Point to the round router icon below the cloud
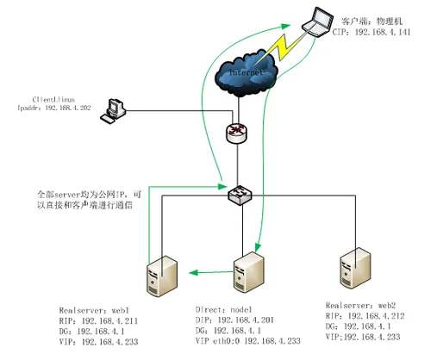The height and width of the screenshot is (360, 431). [x=237, y=133]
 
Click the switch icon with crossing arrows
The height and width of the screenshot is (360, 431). [x=237, y=196]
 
